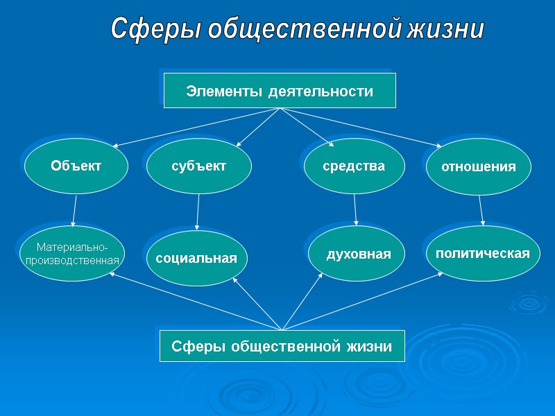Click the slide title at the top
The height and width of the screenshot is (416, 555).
(x=298, y=30)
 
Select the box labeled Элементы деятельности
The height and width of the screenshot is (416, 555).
(x=280, y=91)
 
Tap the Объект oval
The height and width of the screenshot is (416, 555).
(x=76, y=166)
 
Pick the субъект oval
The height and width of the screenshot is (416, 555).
(x=199, y=166)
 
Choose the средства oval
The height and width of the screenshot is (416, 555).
(x=354, y=166)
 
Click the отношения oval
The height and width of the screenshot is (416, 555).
(x=479, y=167)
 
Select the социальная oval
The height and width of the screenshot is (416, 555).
(x=197, y=258)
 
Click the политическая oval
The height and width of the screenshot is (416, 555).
(x=482, y=253)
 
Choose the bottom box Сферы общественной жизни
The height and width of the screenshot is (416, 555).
(x=282, y=346)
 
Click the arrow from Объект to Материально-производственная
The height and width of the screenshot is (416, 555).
(x=75, y=209)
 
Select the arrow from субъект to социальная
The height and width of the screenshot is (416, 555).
(x=198, y=211)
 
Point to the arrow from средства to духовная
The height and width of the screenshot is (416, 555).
(x=355, y=209)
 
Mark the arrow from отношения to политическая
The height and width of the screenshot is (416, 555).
(x=481, y=210)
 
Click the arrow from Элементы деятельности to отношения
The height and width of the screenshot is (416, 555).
(x=361, y=128)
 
